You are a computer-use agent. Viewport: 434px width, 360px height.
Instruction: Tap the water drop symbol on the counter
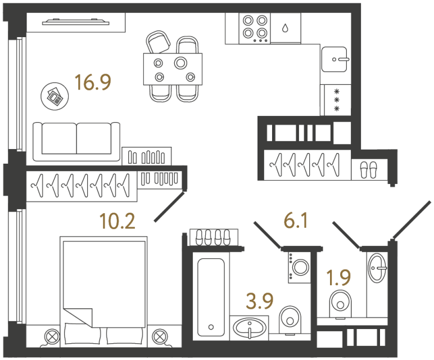pyautogui.click(x=285, y=28)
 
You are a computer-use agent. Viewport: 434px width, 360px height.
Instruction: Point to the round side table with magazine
pyautogui.click(x=55, y=95)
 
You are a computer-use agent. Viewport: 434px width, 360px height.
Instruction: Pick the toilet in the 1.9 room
pyautogui.click(x=341, y=302)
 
